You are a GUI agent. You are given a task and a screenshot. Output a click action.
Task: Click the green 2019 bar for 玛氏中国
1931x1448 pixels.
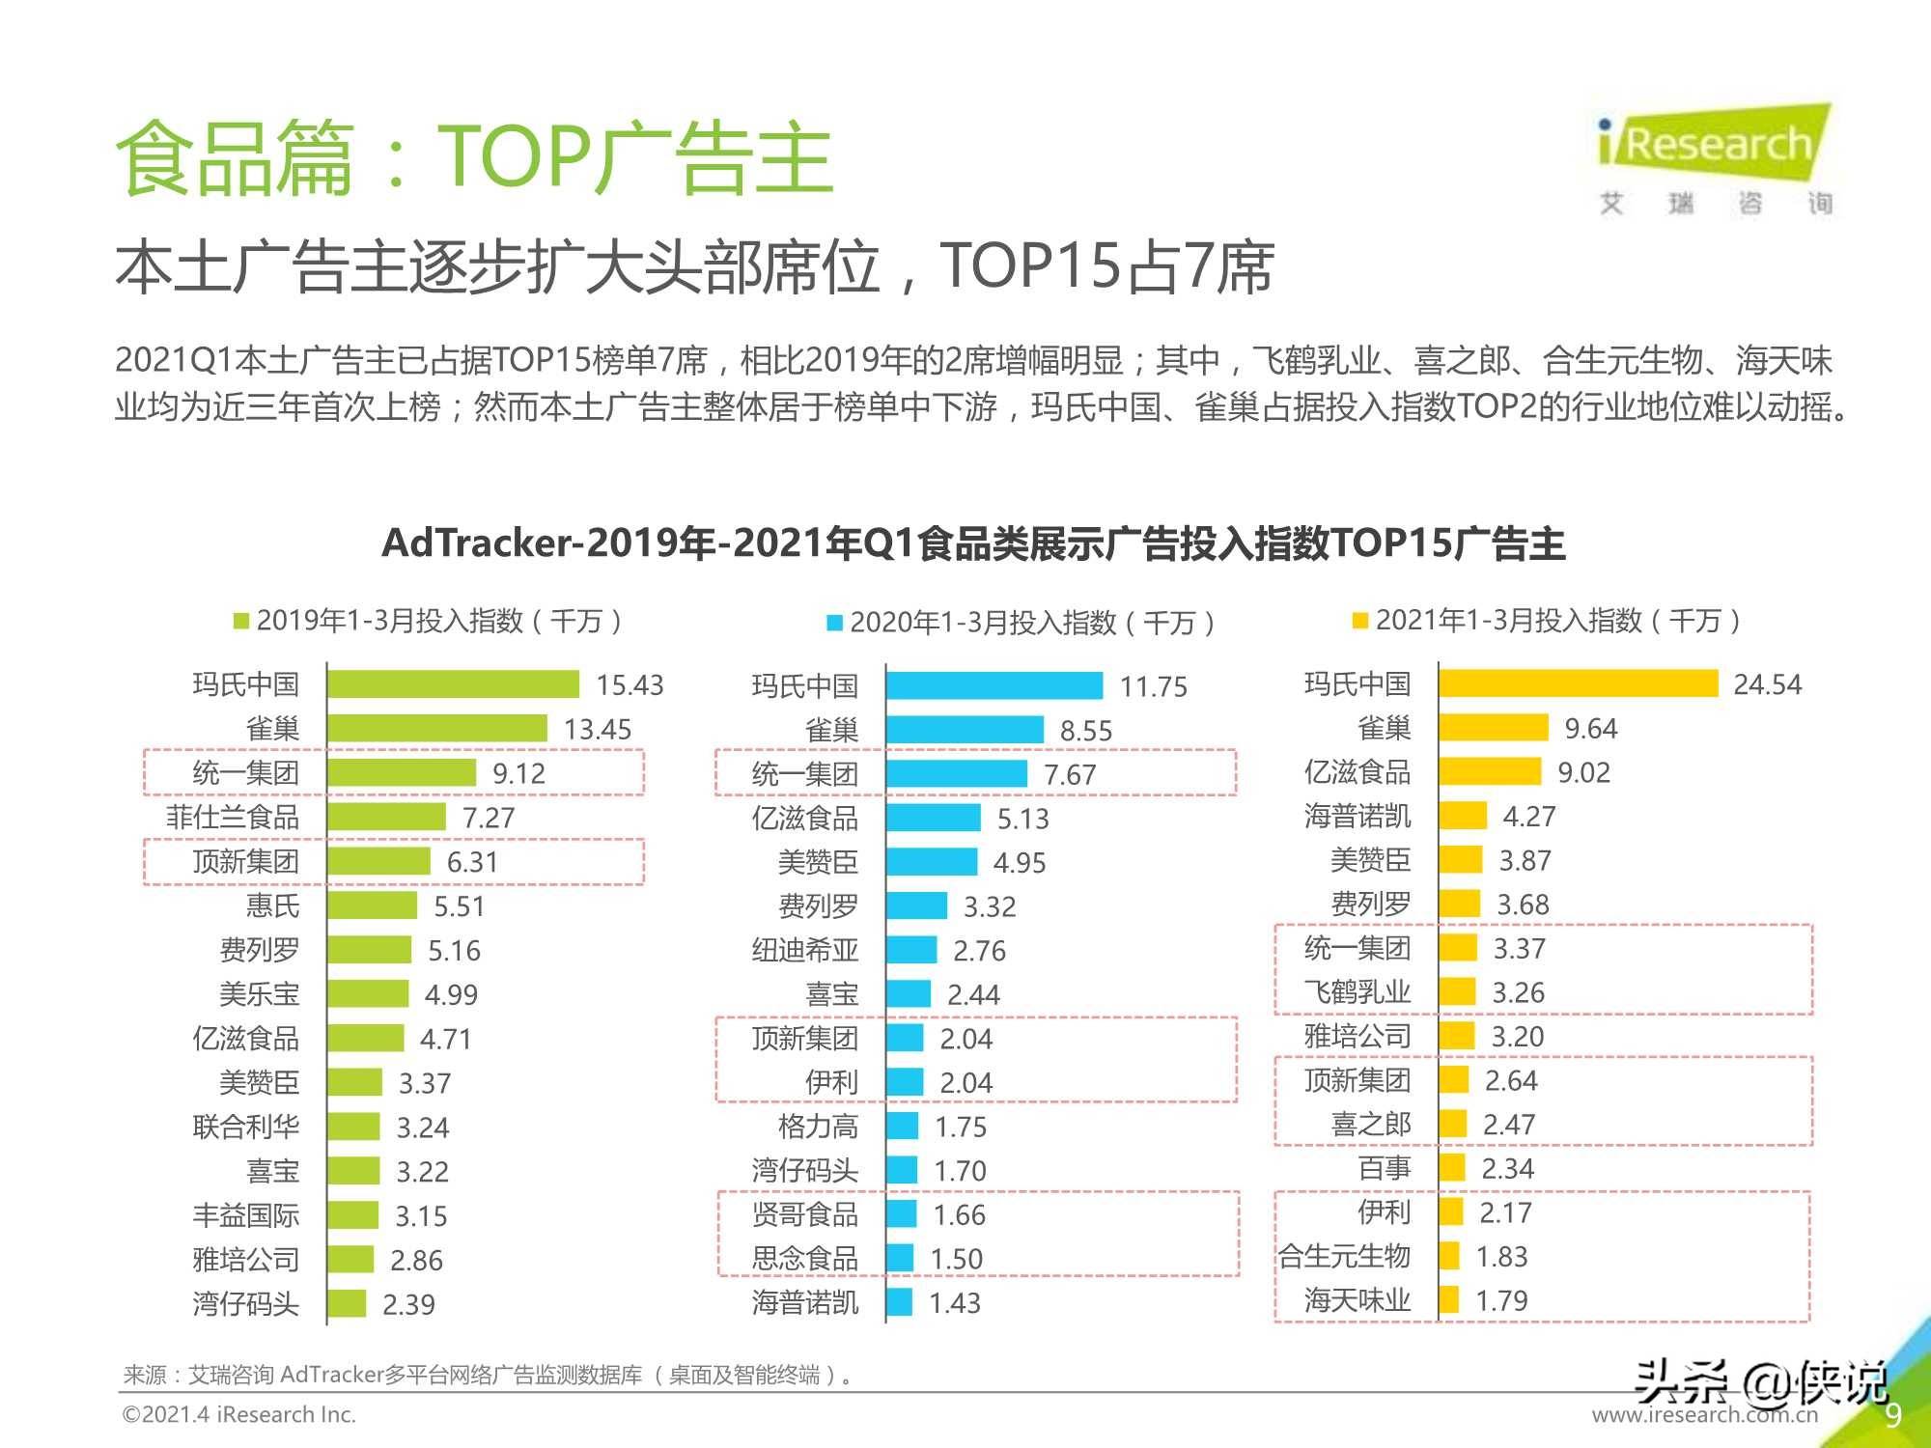click(x=453, y=684)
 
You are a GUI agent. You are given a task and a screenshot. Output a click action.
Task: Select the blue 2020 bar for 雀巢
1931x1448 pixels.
click(x=965, y=730)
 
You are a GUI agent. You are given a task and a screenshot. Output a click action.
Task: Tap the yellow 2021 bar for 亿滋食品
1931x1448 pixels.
click(x=1490, y=771)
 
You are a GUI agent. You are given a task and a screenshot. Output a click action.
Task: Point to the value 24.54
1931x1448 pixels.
click(x=1767, y=684)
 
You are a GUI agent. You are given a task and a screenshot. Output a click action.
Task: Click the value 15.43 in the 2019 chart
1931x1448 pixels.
click(x=630, y=684)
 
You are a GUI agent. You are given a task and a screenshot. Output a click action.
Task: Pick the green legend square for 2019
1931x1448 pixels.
click(x=241, y=621)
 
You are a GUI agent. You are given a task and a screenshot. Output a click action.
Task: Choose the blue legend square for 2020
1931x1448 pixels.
click(x=834, y=623)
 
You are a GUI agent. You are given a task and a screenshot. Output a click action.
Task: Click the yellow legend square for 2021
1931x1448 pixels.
click(x=1360, y=620)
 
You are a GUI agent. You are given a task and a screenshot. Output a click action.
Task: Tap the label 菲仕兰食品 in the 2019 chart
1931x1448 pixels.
click(x=232, y=817)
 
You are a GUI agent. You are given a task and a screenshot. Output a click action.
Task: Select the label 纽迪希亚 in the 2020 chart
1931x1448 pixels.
click(x=804, y=950)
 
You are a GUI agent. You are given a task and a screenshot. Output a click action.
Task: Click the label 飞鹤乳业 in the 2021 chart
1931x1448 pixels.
click(x=1357, y=991)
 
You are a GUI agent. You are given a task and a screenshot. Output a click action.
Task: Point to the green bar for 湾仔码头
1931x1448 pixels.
click(x=347, y=1303)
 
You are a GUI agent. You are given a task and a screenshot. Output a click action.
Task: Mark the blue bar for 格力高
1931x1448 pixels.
click(x=902, y=1126)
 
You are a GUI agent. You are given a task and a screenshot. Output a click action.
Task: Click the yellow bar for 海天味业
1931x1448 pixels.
click(x=1448, y=1299)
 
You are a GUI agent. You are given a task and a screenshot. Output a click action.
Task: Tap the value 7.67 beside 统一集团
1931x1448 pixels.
click(x=1070, y=774)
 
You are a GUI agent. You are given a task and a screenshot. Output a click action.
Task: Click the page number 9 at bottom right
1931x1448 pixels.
click(x=1893, y=1414)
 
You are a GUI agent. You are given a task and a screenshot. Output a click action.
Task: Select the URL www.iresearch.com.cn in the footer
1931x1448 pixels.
click(x=1704, y=1415)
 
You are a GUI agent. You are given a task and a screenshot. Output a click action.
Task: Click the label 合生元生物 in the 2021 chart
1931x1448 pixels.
click(x=1344, y=1256)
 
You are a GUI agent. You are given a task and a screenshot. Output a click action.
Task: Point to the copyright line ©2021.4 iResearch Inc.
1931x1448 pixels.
click(x=239, y=1414)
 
